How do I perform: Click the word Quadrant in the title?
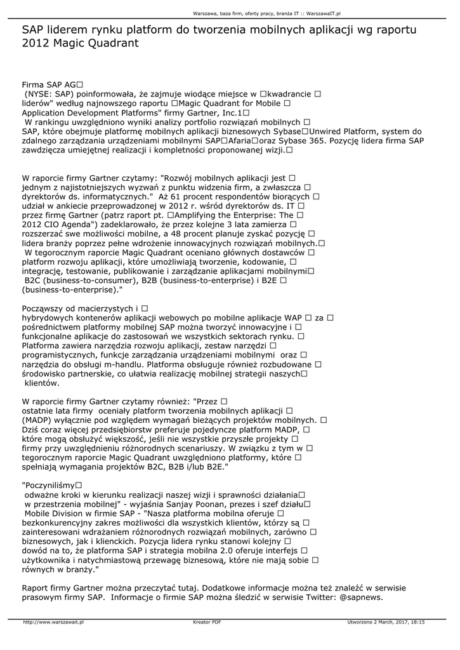(111, 43)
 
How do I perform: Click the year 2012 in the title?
(35, 43)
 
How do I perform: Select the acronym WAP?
(292, 317)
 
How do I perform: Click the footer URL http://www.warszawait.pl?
(54, 623)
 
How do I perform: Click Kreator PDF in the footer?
(207, 623)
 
